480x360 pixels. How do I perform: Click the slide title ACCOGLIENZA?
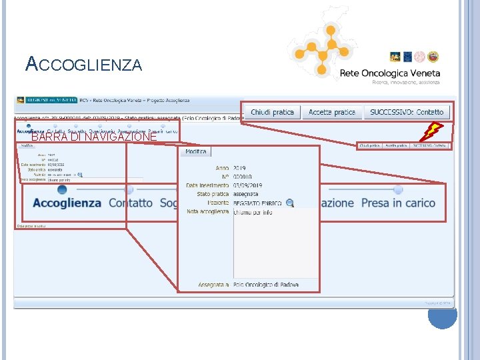click(83, 64)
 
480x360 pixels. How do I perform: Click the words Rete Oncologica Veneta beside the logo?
click(390, 73)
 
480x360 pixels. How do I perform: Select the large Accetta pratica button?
click(331, 112)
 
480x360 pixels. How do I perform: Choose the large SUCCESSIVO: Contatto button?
click(407, 112)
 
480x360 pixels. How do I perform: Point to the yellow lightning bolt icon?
click(433, 131)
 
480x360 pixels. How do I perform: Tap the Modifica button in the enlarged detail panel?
click(196, 152)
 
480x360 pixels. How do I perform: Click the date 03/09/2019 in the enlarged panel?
click(248, 185)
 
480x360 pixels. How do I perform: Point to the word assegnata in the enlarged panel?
click(247, 194)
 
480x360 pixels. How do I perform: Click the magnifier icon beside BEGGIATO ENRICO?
click(289, 203)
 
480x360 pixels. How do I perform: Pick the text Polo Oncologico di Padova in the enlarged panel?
click(266, 285)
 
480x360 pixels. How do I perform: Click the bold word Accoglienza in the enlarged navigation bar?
click(67, 203)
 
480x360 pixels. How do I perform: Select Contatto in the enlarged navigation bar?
click(131, 203)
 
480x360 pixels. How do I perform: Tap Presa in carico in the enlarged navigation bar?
click(398, 203)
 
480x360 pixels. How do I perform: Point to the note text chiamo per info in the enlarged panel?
click(253, 212)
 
